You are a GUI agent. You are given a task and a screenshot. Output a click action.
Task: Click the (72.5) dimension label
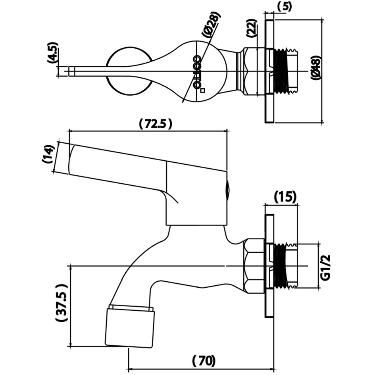point(156,124)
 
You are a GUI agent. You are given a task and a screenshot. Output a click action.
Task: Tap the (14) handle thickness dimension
point(48,154)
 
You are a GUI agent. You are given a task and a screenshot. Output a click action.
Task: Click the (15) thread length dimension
point(285,196)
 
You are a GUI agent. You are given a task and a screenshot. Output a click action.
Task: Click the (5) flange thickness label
point(285,6)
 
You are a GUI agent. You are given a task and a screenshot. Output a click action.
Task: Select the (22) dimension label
point(252,28)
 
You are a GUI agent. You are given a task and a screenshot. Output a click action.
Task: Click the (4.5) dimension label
point(53,53)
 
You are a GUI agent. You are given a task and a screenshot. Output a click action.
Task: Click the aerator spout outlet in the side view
point(129,325)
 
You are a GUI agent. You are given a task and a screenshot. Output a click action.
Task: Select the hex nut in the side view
point(254,266)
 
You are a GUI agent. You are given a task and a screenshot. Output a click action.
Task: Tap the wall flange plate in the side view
point(269,266)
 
